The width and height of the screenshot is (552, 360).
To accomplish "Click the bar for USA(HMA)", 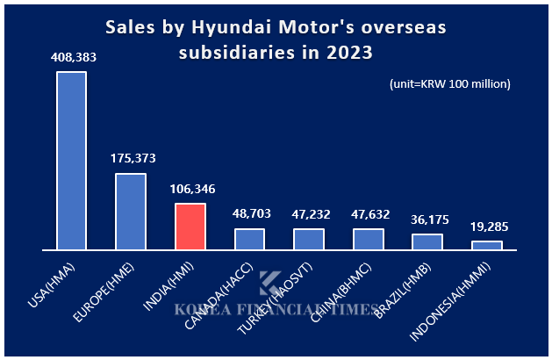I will (x=71, y=161).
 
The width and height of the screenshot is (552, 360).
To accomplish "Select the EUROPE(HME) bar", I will (x=131, y=212).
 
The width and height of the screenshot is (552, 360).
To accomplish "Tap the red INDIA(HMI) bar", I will (x=190, y=227).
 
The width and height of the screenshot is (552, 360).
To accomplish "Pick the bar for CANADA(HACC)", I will (x=249, y=239).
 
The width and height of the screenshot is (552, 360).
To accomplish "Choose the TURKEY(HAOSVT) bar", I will (x=309, y=239).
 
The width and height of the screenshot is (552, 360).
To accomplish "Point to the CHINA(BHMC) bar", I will (x=368, y=239).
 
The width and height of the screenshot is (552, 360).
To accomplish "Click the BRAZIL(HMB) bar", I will (x=427, y=242).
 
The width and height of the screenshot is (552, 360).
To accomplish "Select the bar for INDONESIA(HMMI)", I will (x=486, y=246).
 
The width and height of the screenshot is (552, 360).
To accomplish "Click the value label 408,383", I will (x=72, y=57).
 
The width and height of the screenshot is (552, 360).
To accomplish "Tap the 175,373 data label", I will (x=131, y=159).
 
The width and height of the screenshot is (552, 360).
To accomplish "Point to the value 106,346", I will (x=190, y=189).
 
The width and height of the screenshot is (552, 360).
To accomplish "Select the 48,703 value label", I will (x=249, y=213).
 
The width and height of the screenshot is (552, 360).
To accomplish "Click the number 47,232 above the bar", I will (x=309, y=213).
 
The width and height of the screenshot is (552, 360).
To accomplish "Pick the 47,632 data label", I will (x=368, y=213).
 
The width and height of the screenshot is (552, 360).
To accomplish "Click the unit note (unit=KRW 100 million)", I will (x=449, y=84).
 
